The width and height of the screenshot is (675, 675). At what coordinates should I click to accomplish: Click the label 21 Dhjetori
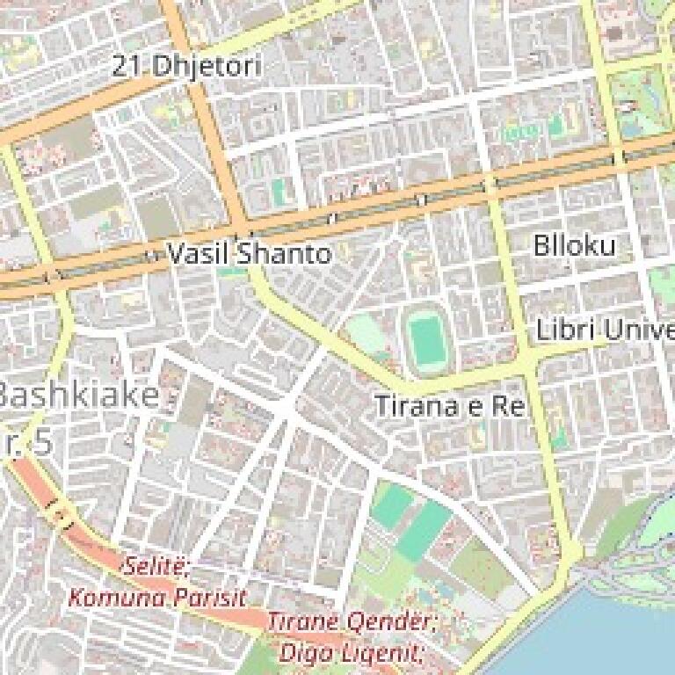point(186,66)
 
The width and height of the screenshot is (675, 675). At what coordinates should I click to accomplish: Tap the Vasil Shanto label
point(250,254)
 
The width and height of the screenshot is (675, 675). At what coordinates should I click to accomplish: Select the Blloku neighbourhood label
point(575,245)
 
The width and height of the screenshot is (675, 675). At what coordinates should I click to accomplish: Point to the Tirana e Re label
point(449,406)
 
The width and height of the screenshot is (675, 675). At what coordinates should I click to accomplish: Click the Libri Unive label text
point(605,331)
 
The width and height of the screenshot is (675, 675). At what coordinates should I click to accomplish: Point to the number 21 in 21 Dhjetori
point(128,66)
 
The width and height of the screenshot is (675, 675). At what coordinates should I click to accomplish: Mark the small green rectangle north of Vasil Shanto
point(279,190)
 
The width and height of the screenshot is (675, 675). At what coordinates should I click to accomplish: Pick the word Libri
point(563,331)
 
